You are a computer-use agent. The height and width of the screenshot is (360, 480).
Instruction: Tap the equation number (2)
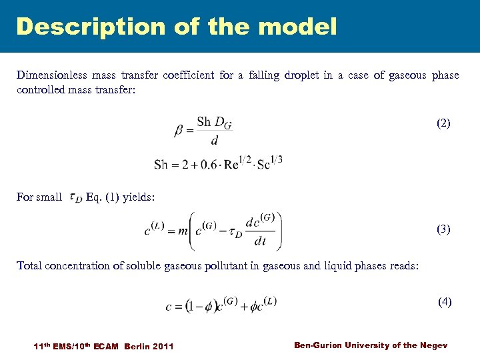pos(443,123)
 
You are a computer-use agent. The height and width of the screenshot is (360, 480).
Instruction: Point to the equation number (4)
pos(445,301)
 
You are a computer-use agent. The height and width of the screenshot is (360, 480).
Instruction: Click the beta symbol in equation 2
pos(179,131)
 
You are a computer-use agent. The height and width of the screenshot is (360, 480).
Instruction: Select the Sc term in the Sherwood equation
pos(265,164)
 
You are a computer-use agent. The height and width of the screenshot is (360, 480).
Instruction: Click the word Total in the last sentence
pos(29,265)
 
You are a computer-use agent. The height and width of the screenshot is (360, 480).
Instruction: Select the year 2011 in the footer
pos(163,346)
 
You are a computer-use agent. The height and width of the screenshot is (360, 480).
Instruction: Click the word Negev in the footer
pos(435,345)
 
